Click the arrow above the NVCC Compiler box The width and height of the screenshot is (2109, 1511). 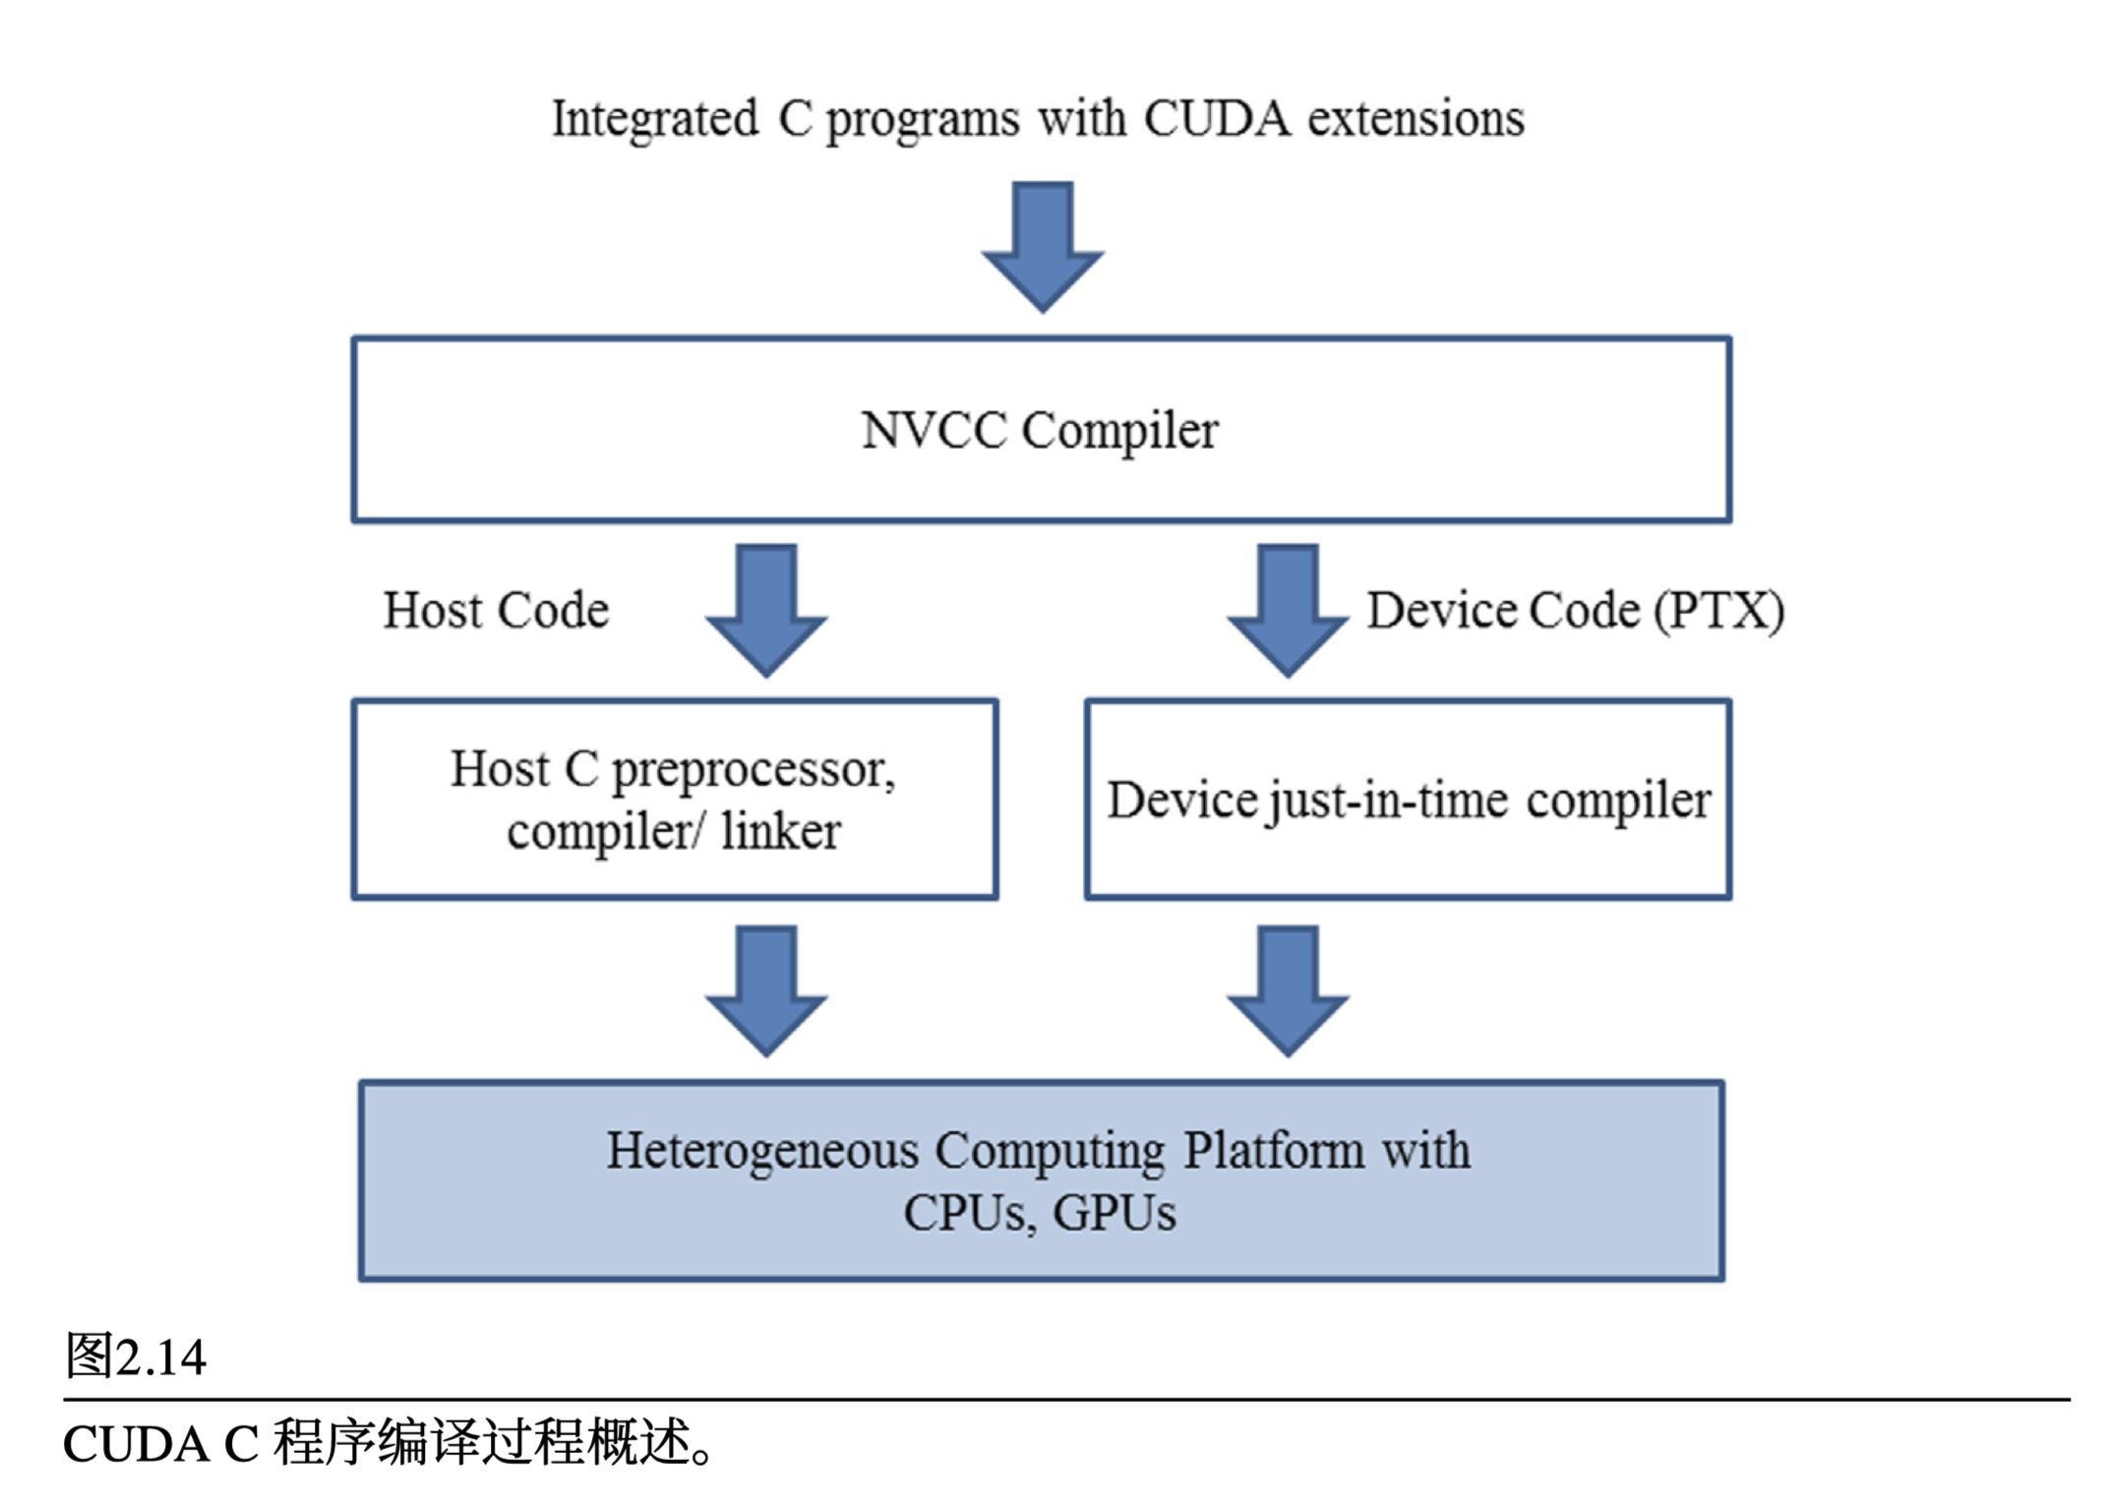pos(1042,246)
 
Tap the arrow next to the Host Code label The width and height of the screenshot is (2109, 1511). pos(766,610)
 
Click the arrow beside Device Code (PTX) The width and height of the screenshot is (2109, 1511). pos(1287,610)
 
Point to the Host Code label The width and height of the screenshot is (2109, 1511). pos(496,610)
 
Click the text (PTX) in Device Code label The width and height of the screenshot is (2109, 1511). pos(1719,610)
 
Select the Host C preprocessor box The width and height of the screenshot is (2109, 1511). pos(675,799)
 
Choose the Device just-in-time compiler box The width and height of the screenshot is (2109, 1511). pos(1408,799)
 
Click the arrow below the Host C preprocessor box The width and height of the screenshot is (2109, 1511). pos(766,990)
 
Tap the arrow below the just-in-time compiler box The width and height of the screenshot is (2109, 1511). pos(1287,990)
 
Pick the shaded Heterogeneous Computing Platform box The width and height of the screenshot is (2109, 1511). pos(1041,1180)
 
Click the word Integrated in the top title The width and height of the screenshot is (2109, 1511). pos(654,119)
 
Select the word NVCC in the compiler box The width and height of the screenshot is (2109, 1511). pos(934,430)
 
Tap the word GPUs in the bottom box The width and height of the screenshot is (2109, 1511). pos(1115,1213)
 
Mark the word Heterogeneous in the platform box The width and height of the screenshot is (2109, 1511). pos(762,1150)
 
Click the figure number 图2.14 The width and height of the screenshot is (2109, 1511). pos(135,1357)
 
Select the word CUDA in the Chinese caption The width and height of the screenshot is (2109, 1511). pos(136,1444)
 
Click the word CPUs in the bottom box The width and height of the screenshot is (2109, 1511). pos(968,1213)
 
